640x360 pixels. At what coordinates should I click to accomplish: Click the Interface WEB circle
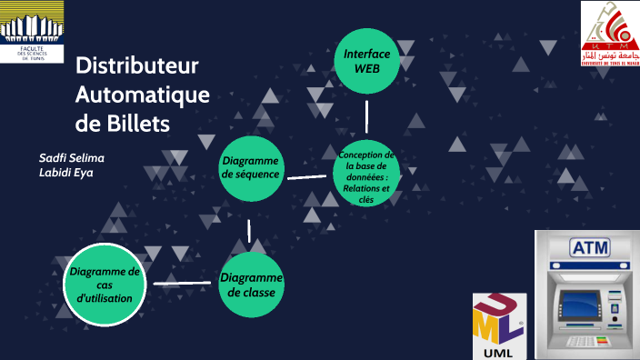click(x=367, y=61)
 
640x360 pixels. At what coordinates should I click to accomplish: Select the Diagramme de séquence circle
click(x=251, y=167)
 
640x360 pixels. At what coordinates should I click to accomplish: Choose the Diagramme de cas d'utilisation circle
click(x=105, y=285)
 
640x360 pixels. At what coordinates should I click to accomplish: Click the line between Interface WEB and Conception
click(x=366, y=116)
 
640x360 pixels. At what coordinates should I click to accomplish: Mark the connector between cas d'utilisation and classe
click(x=183, y=284)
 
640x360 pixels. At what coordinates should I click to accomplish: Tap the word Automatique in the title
click(x=142, y=95)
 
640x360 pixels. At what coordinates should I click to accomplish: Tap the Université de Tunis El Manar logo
click(x=609, y=35)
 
